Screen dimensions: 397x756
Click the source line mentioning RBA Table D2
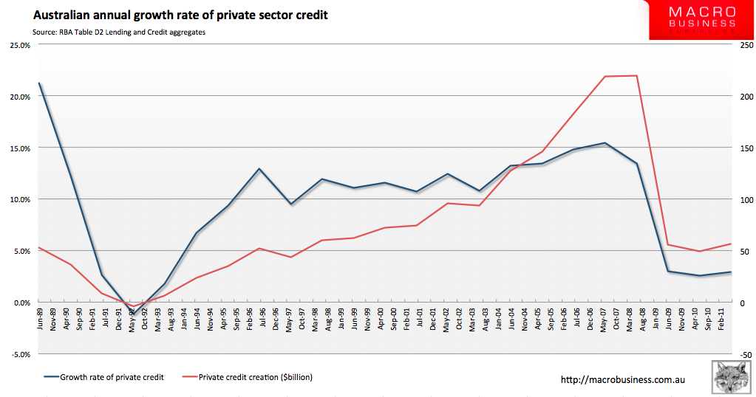click(119, 32)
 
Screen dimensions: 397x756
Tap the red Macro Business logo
click(701, 20)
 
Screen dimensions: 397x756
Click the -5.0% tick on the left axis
click(20, 354)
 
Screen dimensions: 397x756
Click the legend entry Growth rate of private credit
click(112, 377)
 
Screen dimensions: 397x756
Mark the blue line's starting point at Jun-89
click(39, 83)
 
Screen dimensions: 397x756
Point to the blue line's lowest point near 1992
click(133, 312)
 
